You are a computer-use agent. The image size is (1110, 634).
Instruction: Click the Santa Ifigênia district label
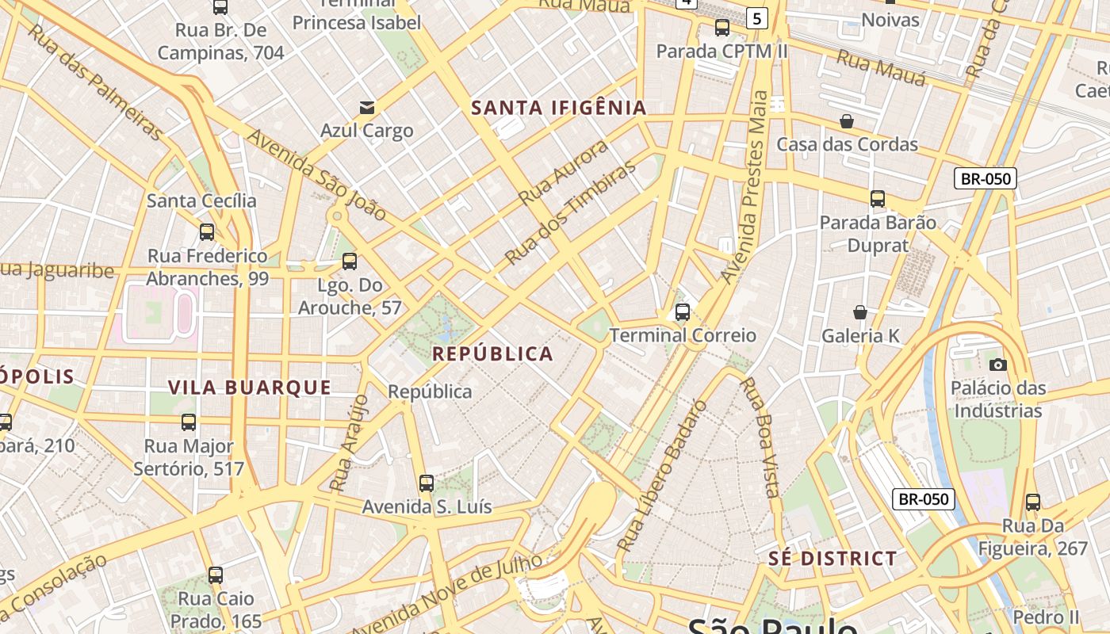click(x=559, y=108)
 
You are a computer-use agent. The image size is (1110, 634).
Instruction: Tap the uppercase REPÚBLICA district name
click(x=492, y=353)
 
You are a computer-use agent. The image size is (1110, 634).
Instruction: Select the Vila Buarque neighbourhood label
click(x=250, y=387)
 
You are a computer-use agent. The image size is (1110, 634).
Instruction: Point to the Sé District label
click(x=832, y=558)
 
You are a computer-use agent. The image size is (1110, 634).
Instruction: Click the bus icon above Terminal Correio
click(x=683, y=312)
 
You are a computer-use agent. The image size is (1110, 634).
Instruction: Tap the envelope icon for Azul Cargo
click(x=367, y=107)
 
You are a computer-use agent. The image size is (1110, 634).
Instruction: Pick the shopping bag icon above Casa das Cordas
click(x=847, y=121)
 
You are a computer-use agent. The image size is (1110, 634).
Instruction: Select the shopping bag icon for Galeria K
click(x=860, y=312)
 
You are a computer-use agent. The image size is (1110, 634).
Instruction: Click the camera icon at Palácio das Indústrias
click(x=998, y=365)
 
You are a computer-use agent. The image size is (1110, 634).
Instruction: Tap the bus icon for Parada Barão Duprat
click(x=878, y=198)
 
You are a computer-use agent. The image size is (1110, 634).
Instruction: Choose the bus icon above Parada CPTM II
click(x=722, y=28)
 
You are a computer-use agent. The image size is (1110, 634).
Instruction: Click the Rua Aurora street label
click(x=564, y=172)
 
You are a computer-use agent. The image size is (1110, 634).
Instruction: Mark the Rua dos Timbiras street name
click(x=571, y=213)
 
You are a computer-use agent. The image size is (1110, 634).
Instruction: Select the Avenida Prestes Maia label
click(x=745, y=187)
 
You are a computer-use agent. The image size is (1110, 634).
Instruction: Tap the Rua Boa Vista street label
click(x=760, y=437)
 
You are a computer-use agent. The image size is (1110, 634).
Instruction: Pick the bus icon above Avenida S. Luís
click(x=427, y=483)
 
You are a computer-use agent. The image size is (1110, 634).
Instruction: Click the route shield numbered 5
click(x=757, y=17)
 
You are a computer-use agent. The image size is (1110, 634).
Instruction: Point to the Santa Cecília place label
click(x=201, y=201)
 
